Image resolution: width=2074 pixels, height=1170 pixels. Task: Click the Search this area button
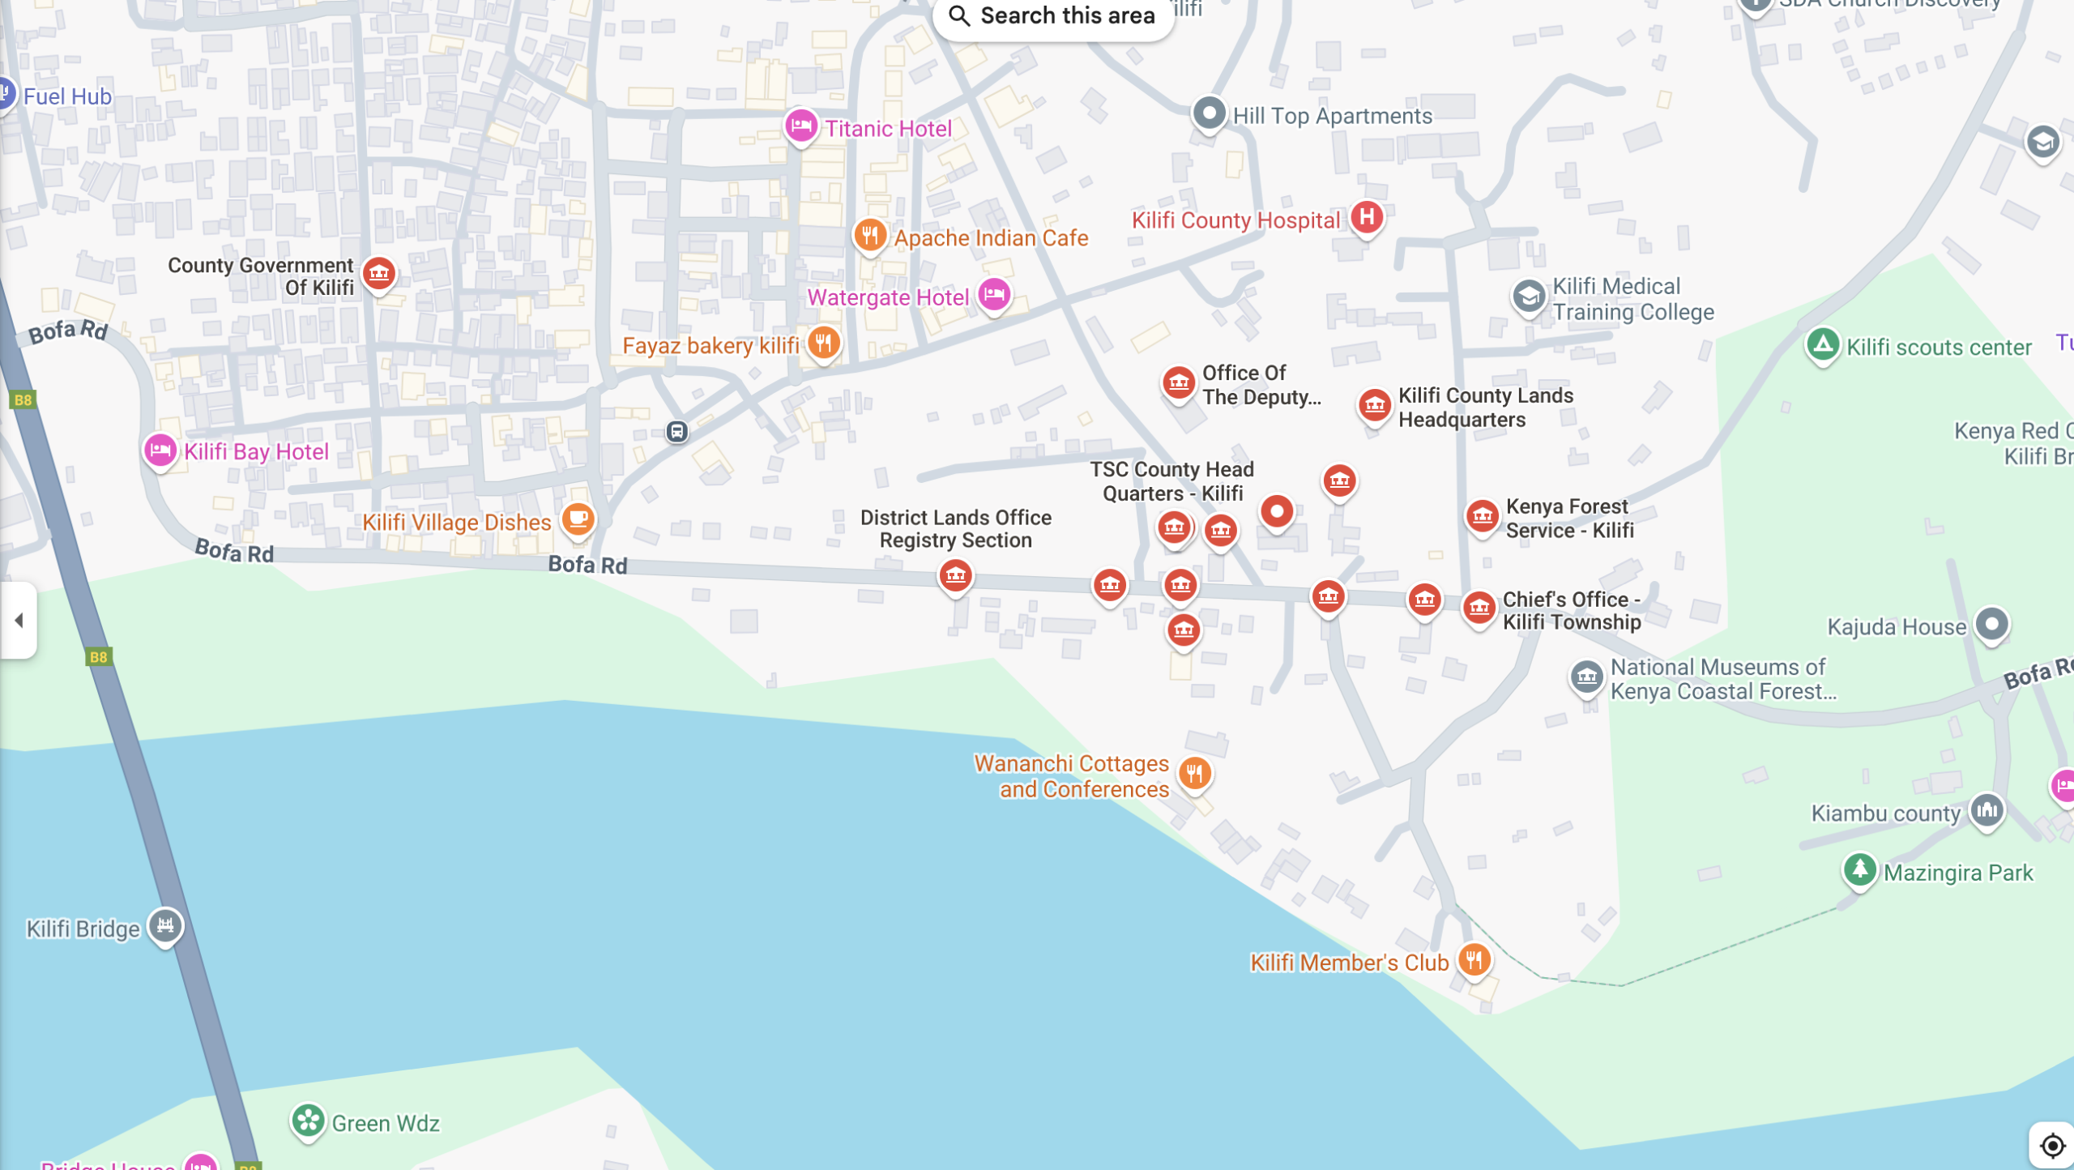(1052, 15)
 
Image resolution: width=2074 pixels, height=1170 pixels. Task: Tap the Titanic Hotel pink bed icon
(800, 126)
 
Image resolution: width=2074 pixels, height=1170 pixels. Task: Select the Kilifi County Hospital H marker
(1366, 217)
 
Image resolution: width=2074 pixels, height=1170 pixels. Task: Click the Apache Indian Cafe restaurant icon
(869, 236)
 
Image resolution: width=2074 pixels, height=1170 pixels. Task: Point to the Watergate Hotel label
(888, 297)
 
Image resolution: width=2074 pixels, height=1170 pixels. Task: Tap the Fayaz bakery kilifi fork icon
(823, 343)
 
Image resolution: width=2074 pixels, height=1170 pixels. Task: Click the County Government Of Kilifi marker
(378, 274)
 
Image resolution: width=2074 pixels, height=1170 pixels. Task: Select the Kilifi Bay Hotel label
(256, 451)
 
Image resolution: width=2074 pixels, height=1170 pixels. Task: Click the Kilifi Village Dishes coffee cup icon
(578, 519)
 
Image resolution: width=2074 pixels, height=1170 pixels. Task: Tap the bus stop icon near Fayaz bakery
(677, 431)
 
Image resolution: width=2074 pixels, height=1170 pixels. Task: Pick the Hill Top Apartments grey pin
(1209, 113)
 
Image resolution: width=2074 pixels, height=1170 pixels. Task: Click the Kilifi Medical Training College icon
(1528, 297)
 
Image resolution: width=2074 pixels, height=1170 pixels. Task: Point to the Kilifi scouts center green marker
(1823, 345)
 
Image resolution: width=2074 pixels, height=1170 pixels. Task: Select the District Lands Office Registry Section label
(955, 528)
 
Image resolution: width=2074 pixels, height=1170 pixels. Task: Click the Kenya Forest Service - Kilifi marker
(1482, 516)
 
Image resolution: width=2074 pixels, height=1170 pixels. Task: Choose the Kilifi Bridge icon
(165, 925)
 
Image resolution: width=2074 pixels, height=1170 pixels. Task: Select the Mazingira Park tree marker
(1859, 870)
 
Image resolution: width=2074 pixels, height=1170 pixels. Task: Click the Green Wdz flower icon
(308, 1121)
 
